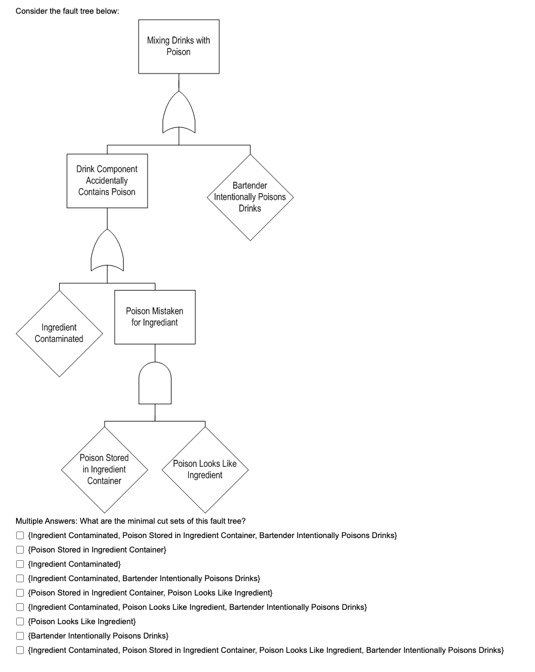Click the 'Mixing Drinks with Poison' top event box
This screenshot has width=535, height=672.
[x=179, y=47]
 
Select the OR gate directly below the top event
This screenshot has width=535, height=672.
[x=179, y=114]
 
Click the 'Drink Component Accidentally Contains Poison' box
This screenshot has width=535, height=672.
[x=107, y=181]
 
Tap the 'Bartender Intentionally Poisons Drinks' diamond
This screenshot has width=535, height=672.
[x=250, y=197]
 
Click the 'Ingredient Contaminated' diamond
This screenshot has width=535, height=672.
[x=59, y=333]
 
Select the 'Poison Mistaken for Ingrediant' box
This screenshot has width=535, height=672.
[x=155, y=317]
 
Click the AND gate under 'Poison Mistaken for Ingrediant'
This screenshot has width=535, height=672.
[x=155, y=384]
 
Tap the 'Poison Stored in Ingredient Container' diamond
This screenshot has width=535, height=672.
[x=104, y=469]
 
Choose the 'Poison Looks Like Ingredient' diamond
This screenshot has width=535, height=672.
[x=204, y=469]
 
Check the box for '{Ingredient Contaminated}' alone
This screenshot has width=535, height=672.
[x=20, y=564]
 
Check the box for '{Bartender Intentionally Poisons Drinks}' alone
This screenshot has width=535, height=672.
[x=20, y=636]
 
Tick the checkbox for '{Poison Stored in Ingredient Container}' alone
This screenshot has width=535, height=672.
[x=20, y=549]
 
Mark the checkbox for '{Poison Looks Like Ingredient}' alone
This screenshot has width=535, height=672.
[x=20, y=621]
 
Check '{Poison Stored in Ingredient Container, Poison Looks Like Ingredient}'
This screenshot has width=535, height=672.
[x=20, y=592]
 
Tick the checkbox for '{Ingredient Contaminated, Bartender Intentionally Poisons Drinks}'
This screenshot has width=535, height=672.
[x=20, y=578]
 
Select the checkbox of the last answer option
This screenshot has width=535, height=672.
[x=20, y=650]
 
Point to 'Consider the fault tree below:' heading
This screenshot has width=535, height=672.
[x=63, y=11]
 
